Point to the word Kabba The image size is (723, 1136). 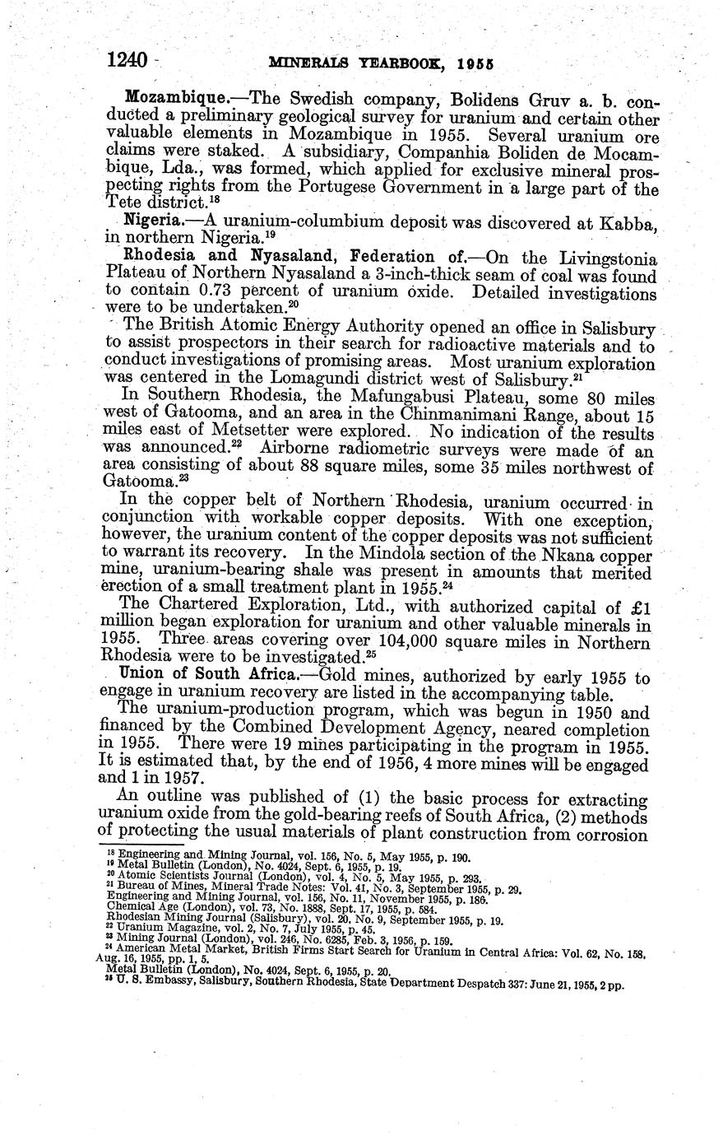(628, 222)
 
